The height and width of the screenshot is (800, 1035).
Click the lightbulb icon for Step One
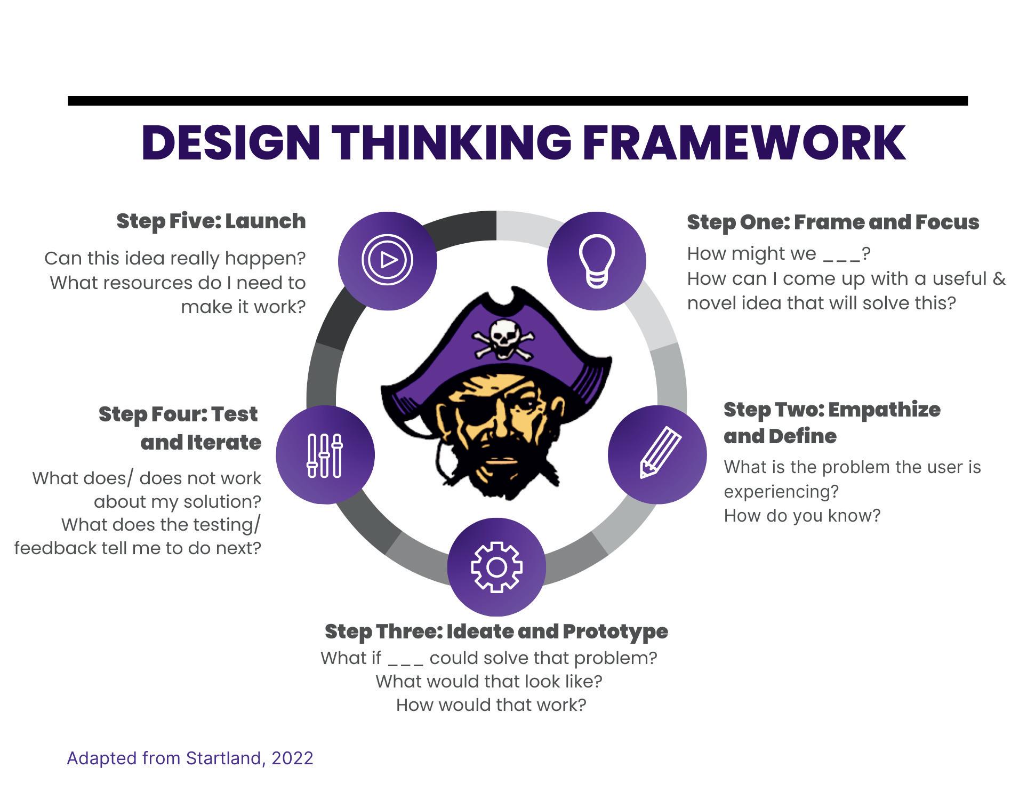pos(597,261)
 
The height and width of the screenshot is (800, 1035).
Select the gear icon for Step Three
pos(496,567)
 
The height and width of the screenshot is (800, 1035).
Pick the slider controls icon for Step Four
pos(325,455)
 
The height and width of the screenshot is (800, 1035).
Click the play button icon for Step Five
pos(388,260)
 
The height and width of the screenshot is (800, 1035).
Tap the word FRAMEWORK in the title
pos(744,143)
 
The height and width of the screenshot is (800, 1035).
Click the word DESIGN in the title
pos(231,143)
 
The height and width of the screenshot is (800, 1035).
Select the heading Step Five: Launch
pos(211,221)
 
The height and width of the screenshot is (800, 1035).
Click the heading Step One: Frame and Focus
pos(833,222)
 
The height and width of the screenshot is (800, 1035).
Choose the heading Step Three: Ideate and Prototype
pos(496,631)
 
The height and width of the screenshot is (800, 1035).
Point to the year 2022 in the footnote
pos(292,758)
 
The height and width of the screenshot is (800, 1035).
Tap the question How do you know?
pos(802,516)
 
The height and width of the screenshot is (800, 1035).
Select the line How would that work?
pos(491,705)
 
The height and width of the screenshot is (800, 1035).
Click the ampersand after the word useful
pos(999,278)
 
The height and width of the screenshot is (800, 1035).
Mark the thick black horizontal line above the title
pos(518,101)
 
